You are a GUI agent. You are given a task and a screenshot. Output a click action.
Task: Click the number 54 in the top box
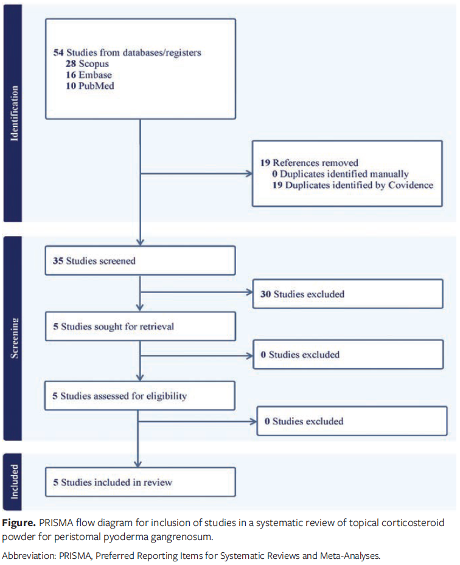point(58,53)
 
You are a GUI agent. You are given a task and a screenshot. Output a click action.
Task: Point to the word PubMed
point(97,86)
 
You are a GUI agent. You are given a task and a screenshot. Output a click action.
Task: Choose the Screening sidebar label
point(13,337)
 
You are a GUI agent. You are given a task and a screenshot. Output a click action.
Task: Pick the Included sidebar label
point(13,482)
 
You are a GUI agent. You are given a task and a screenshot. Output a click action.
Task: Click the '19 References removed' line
point(309,163)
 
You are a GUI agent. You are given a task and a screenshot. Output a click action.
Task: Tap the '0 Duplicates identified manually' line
point(340,174)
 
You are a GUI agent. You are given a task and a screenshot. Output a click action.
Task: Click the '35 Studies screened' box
point(140,261)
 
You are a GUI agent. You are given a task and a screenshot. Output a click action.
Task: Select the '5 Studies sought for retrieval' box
point(140,327)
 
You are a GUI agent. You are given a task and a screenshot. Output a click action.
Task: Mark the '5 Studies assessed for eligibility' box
point(140,396)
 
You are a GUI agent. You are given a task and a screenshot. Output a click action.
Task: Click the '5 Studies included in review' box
point(140,482)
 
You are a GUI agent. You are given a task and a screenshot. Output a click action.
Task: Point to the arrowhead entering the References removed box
point(249,174)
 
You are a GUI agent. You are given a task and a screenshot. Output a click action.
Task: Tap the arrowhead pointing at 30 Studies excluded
point(249,294)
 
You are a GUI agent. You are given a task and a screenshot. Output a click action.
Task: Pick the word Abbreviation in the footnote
point(30,555)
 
